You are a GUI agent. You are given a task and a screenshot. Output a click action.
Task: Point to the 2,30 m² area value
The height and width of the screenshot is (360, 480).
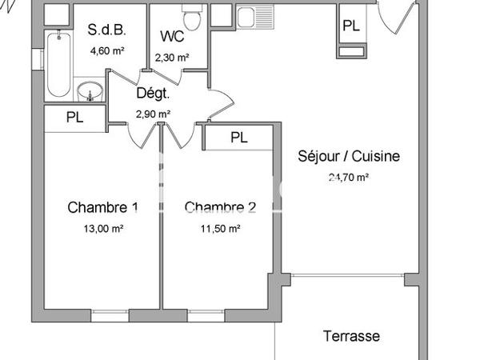pyautogui.click(x=171, y=57)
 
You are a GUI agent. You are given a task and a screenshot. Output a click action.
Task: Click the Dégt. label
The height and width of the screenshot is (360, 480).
pyautogui.click(x=153, y=93)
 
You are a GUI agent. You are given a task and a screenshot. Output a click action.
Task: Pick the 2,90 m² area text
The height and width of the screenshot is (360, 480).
pyautogui.click(x=153, y=114)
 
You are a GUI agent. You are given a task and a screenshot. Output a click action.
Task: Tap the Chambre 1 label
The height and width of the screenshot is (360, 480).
pyautogui.click(x=103, y=208)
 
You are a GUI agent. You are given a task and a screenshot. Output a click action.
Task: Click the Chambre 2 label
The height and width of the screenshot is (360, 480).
pyautogui.click(x=221, y=208)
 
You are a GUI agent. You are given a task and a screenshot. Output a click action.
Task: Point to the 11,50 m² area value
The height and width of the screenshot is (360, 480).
pyautogui.click(x=222, y=229)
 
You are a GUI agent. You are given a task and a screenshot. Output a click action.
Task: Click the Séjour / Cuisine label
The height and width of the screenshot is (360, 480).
pyautogui.click(x=349, y=156)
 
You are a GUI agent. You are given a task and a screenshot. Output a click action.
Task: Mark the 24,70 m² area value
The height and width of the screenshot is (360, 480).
pyautogui.click(x=350, y=178)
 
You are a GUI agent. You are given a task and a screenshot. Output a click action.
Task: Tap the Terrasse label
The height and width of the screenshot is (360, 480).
pyautogui.click(x=351, y=336)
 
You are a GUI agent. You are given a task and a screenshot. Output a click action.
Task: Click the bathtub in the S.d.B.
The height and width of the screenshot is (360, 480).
pyautogui.click(x=57, y=64)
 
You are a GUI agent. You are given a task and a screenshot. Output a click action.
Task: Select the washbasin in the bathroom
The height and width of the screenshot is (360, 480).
pyautogui.click(x=90, y=91)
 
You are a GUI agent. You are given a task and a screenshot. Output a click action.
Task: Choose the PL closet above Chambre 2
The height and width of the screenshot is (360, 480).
pyautogui.click(x=239, y=138)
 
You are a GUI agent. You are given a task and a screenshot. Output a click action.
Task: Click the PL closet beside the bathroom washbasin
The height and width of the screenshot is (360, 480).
pyautogui.click(x=74, y=118)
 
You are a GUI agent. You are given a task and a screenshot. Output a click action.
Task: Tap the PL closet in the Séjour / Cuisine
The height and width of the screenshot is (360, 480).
pyautogui.click(x=350, y=26)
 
